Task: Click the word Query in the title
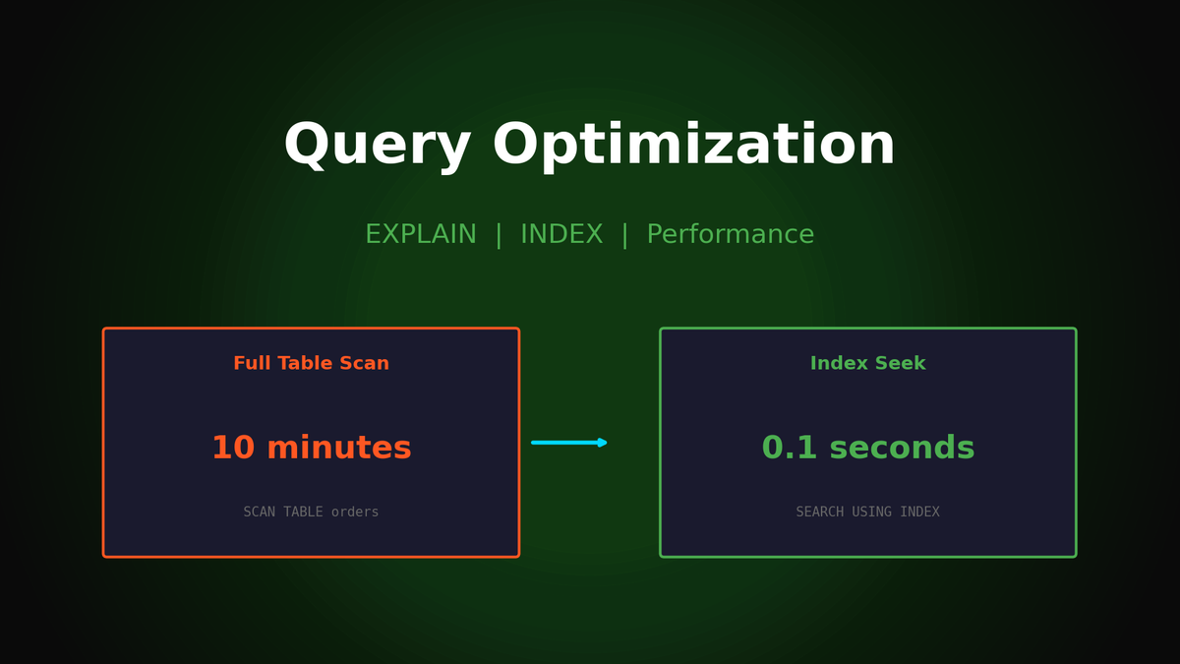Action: tap(378, 147)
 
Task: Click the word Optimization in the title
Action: tap(693, 147)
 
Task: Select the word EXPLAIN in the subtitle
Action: tap(421, 235)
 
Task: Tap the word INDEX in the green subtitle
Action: tap(561, 235)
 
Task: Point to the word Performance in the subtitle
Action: tap(730, 235)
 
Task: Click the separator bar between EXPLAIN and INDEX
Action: tap(499, 235)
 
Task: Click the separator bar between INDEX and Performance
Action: tap(624, 235)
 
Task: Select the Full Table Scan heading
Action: tap(311, 364)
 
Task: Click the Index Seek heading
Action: tap(867, 364)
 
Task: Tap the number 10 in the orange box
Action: tap(233, 449)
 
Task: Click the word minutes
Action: tap(339, 449)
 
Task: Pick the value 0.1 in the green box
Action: tap(790, 449)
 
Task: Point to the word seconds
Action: tap(902, 449)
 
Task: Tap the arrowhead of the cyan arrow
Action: tap(603, 443)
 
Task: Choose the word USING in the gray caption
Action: tap(872, 513)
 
